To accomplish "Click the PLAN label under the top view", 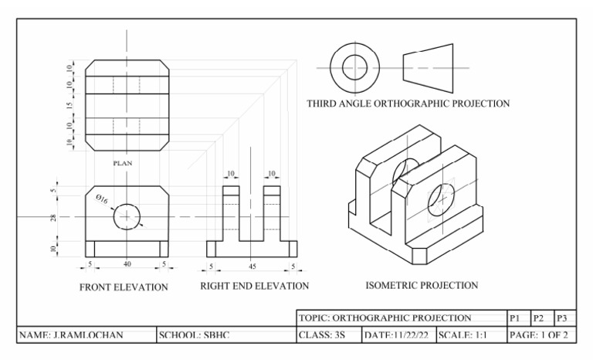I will (x=123, y=163).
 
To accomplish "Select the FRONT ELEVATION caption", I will (x=124, y=287).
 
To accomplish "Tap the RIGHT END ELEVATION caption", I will (x=254, y=286).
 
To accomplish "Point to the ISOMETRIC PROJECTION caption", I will (x=422, y=285).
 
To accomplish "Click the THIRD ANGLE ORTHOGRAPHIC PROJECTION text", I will (x=408, y=104).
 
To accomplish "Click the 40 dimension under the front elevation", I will (x=127, y=264).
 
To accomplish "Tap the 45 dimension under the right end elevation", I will (x=252, y=267).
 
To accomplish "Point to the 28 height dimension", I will (x=53, y=218).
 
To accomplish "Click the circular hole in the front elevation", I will (x=127, y=217).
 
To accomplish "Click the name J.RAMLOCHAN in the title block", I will (x=71, y=336).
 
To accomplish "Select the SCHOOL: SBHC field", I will (x=195, y=336).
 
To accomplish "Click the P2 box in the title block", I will (x=540, y=318).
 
